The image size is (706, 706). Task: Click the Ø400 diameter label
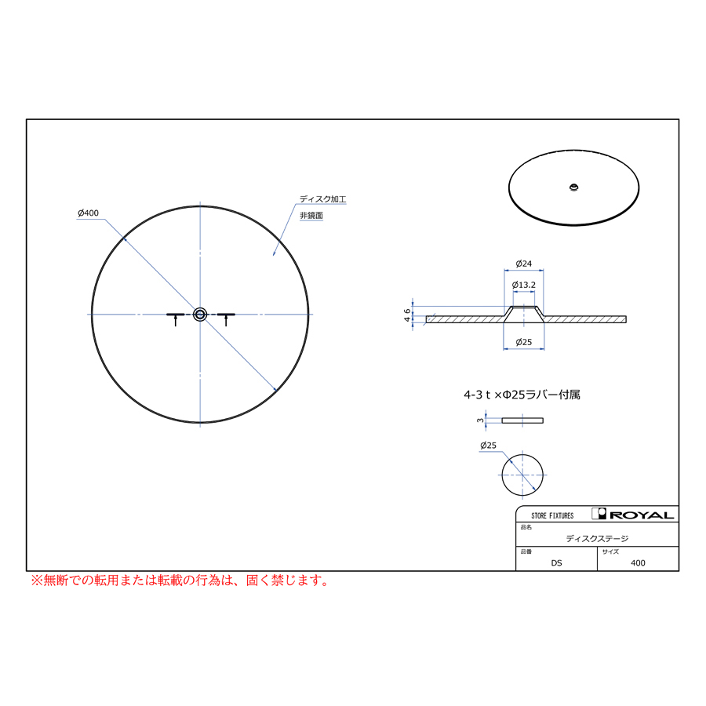click(x=88, y=213)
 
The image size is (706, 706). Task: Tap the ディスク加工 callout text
click(x=323, y=199)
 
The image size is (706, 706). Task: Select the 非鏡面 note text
click(x=311, y=216)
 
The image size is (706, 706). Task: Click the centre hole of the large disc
click(x=200, y=315)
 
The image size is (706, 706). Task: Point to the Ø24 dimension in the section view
click(x=524, y=264)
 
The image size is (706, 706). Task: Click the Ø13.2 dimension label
click(x=524, y=285)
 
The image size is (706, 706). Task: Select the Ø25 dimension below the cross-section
click(x=524, y=342)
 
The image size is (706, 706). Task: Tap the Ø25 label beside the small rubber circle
click(x=488, y=446)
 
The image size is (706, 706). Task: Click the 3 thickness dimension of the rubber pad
click(x=480, y=420)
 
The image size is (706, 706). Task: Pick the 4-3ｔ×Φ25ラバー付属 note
click(x=522, y=395)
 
